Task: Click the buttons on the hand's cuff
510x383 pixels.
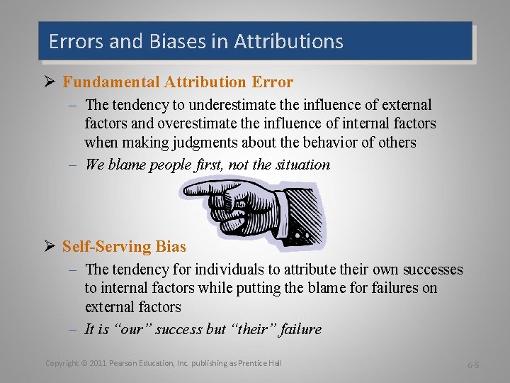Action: point(302,233)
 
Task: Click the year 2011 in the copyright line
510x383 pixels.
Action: point(99,363)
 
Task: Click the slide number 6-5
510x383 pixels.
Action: point(472,365)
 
